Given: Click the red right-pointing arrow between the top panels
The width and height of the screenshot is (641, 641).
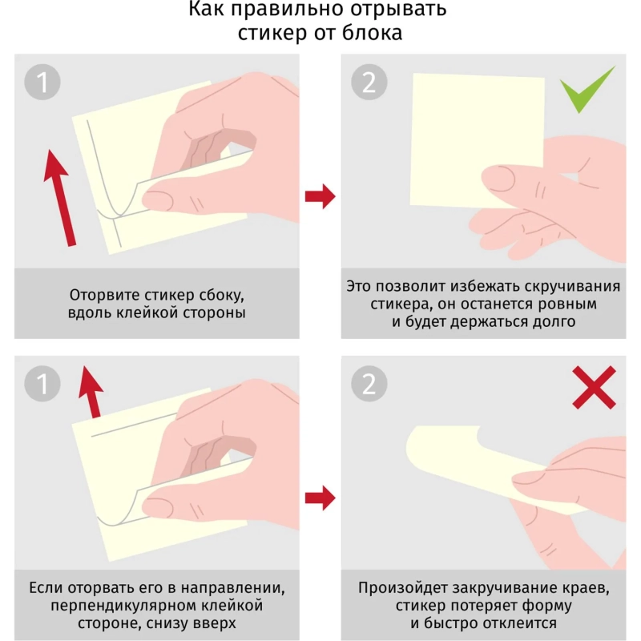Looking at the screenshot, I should pos(320,195).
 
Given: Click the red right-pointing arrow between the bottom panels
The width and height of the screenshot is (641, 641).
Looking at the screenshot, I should pos(320,498).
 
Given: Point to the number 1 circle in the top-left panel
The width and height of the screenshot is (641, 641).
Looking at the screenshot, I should pos(42,82).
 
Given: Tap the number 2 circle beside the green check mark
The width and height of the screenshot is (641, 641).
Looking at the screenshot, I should pos(369,82).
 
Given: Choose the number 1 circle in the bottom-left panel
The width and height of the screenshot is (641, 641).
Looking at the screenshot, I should pos(42,384).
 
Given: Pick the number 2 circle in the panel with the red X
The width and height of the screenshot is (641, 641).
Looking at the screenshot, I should pos(369,384).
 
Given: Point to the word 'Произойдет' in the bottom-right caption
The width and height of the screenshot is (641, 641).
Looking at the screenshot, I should pos(402,587).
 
